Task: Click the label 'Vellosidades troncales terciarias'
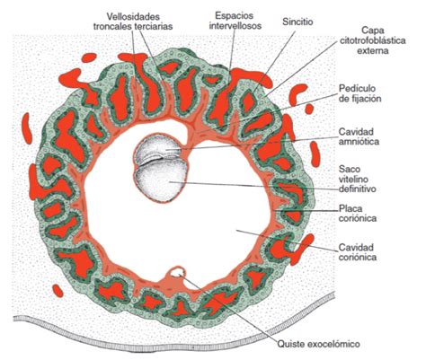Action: (x=133, y=21)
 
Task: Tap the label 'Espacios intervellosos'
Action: (x=235, y=21)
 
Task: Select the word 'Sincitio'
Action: (x=297, y=22)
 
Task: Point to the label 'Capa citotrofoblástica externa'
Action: (x=373, y=40)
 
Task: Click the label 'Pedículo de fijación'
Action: (x=360, y=93)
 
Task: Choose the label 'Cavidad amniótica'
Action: (x=359, y=136)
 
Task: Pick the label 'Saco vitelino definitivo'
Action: (x=357, y=179)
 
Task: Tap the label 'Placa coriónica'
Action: (x=358, y=213)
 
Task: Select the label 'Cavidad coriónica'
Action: (x=358, y=252)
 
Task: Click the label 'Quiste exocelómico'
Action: (x=318, y=344)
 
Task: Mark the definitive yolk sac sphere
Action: (x=162, y=180)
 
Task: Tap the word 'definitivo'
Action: (x=358, y=189)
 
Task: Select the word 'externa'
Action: (x=373, y=50)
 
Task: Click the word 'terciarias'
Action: (x=154, y=26)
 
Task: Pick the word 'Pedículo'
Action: (x=357, y=89)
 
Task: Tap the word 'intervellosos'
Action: (x=235, y=26)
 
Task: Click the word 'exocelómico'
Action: (x=334, y=344)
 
